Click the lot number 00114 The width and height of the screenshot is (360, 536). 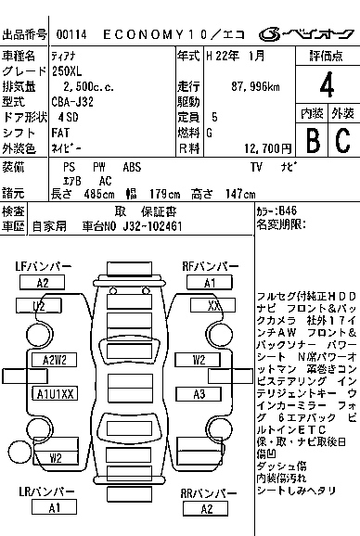71,33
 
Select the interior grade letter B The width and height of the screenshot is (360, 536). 312,139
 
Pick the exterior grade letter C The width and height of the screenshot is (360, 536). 341,139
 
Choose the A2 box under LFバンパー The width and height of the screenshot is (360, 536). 42,283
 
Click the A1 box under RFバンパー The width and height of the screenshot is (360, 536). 210,283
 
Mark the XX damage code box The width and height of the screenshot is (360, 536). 214,305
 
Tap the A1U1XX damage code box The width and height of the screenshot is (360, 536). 54,393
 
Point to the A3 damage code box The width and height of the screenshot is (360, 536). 199,393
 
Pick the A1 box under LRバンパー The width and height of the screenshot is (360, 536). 54,508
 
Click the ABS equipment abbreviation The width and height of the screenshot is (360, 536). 132,167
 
